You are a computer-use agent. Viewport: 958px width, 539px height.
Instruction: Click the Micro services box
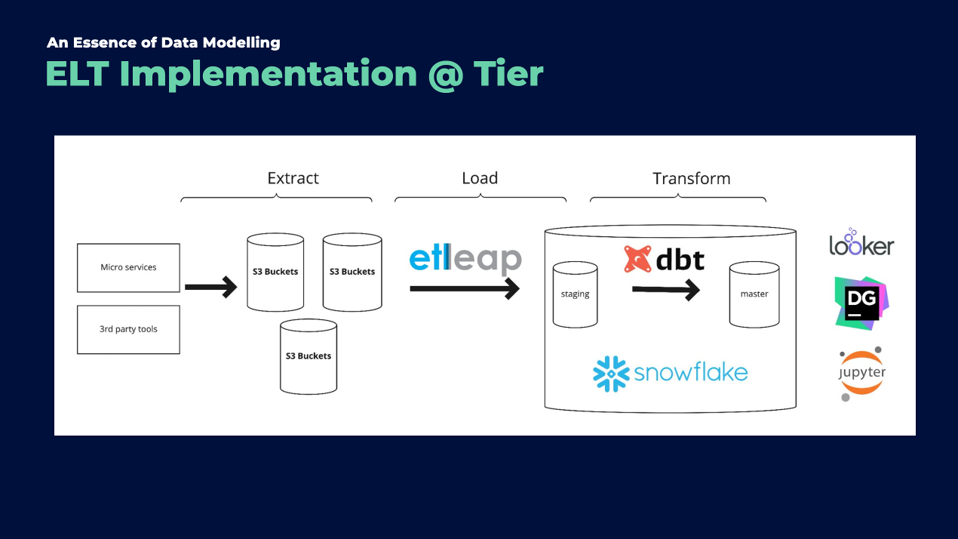[x=128, y=267]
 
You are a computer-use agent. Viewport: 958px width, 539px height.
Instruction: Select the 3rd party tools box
[x=128, y=329]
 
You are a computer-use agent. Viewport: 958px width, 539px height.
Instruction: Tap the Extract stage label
[x=293, y=178]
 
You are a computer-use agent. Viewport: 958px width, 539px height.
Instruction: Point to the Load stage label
[x=480, y=178]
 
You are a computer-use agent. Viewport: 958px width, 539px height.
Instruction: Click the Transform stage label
[x=691, y=179]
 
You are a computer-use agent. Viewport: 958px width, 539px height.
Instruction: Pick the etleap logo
[x=465, y=259]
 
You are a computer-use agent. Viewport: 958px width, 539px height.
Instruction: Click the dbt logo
[x=664, y=260]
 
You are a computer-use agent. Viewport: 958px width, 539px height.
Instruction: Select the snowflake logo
[x=670, y=373]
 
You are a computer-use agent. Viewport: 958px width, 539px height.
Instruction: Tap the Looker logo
[x=861, y=243]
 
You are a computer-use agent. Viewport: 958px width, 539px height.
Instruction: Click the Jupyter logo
[x=861, y=374]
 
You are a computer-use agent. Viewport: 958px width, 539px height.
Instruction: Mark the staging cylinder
[x=575, y=294]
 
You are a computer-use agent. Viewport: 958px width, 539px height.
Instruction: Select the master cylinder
[x=754, y=294]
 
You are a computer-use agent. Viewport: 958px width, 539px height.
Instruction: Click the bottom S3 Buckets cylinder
[x=308, y=356]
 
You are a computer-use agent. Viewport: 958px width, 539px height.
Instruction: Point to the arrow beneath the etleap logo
[x=465, y=288]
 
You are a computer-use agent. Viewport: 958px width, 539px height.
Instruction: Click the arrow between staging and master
[x=666, y=289]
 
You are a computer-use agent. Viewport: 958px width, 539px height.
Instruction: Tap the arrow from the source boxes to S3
[x=211, y=287]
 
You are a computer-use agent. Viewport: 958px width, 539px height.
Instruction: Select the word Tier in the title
[x=508, y=74]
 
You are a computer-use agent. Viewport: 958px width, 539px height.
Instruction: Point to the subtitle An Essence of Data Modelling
[x=163, y=42]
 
